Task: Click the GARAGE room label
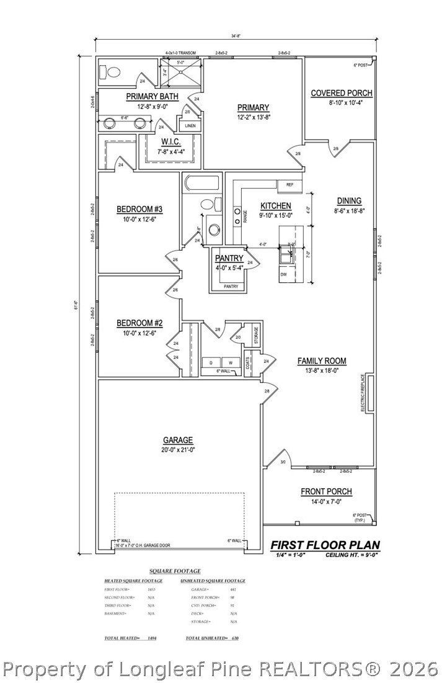point(178,440)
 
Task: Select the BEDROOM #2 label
point(139,323)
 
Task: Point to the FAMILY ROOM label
point(321,361)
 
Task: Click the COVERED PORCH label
point(341,93)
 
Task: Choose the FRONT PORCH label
point(326,491)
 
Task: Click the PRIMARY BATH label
point(152,97)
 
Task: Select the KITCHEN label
point(275,206)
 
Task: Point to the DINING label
point(349,200)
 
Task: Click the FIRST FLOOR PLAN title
point(325,545)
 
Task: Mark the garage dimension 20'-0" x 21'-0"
point(178,450)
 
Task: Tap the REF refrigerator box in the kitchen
point(290,185)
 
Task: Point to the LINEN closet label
point(191,125)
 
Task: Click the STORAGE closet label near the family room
point(255,336)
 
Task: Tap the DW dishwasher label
point(283,274)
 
